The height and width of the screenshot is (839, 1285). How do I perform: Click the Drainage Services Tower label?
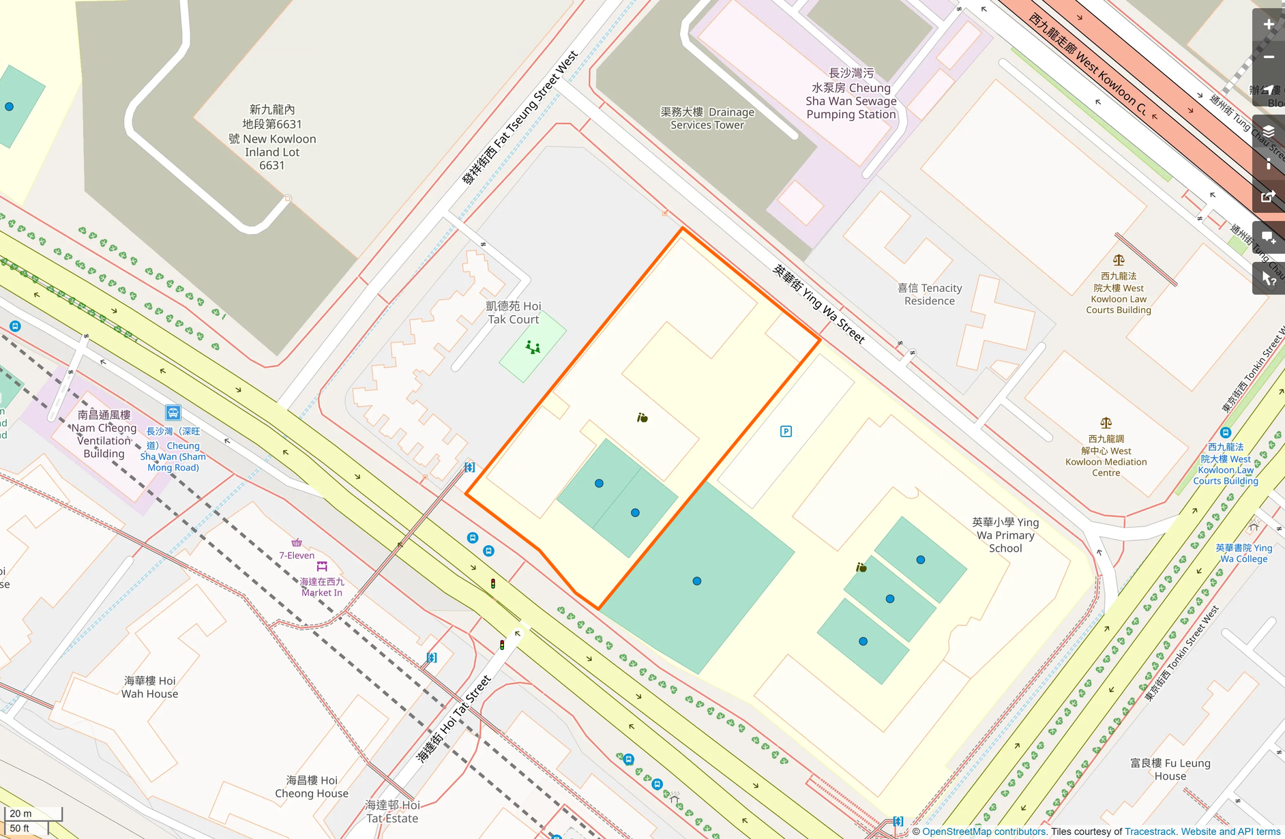tap(707, 118)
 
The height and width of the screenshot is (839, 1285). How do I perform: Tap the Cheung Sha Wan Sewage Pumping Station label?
tap(851, 94)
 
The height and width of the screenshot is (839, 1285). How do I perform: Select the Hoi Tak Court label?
tap(513, 312)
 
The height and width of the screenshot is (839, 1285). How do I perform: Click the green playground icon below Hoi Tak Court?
tap(533, 348)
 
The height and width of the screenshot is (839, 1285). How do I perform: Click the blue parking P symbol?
tap(786, 431)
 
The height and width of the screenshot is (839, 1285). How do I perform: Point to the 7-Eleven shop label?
tap(297, 555)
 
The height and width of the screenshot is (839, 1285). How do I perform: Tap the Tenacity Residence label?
tap(929, 295)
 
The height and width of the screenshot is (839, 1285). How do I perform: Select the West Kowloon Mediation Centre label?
tap(1106, 456)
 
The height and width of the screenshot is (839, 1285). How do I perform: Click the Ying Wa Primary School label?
tap(1005, 535)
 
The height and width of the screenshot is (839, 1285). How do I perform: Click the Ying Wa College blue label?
tap(1243, 553)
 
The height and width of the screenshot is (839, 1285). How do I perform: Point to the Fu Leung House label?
tap(1170, 769)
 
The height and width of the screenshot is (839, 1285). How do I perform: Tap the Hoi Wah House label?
tap(149, 687)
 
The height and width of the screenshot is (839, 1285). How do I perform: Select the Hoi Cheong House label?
tap(312, 786)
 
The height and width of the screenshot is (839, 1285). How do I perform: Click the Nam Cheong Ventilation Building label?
tap(104, 434)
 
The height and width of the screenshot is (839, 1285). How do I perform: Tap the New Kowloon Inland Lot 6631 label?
tap(271, 137)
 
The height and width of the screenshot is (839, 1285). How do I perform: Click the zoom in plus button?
tap(1268, 25)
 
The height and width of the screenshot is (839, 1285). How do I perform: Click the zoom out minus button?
tap(1268, 57)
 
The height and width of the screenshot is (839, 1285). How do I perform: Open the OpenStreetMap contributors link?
tap(984, 831)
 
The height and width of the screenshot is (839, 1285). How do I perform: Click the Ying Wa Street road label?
tap(818, 304)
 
